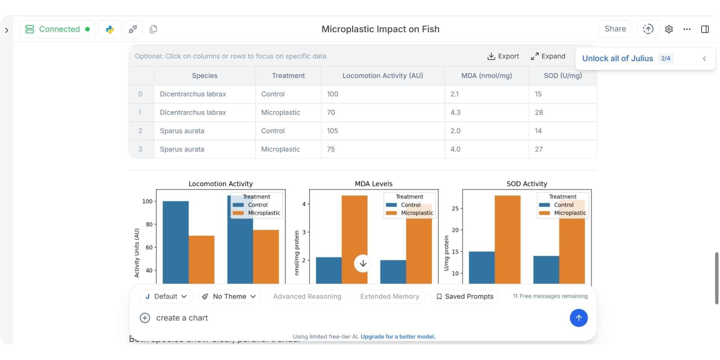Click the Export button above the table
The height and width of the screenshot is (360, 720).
coord(503,56)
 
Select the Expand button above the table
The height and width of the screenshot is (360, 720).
coord(548,56)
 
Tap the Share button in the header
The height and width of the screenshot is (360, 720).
coord(615,29)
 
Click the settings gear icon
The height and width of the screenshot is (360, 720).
coord(669,29)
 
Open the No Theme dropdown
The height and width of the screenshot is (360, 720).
coord(229,296)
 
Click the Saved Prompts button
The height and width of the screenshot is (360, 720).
coord(465,296)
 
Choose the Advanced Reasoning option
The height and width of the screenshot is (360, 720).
coord(307,296)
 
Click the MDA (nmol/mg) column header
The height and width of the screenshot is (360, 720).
coord(486,76)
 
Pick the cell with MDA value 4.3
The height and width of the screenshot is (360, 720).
coord(455,112)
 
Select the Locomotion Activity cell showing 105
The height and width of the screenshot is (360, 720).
coord(332,131)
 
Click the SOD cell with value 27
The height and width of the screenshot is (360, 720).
coord(538,149)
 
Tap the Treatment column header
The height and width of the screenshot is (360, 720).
coord(288,76)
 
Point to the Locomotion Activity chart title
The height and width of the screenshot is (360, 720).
coord(220,184)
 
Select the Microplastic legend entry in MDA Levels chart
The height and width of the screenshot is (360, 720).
coord(417,213)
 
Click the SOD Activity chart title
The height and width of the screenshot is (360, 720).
coord(526,184)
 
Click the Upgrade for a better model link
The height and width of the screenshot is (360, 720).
coord(398,337)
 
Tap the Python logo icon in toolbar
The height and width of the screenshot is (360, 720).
coord(109,29)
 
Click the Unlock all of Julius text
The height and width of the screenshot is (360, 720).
coord(617,58)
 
